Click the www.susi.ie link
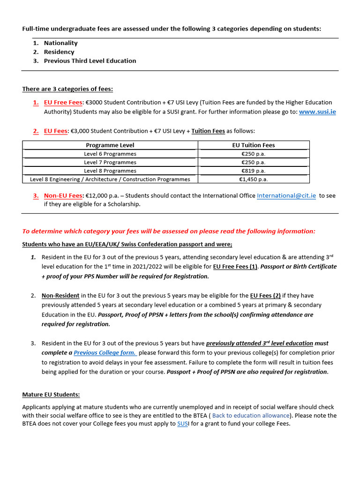click(317, 112)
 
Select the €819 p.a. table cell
click(253, 171)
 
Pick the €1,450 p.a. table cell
click(253, 179)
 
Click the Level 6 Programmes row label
click(110, 154)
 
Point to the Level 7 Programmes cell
click(110, 162)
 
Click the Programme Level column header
click(110, 145)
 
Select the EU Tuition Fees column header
click(253, 145)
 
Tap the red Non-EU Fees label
click(63, 195)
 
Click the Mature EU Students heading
click(51, 394)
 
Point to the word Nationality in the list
click(60, 43)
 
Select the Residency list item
click(59, 52)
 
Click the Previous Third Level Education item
click(90, 60)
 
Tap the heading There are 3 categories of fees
click(67, 89)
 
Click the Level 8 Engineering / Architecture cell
click(110, 179)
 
